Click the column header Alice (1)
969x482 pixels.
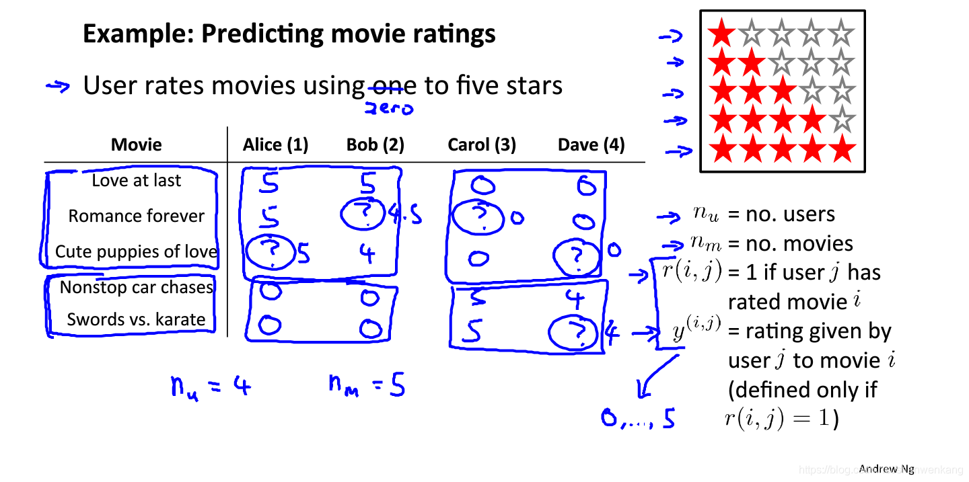[x=275, y=145]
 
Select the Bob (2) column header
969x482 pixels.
[x=375, y=145]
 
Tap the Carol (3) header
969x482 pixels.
[x=482, y=145]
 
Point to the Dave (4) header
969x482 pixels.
[x=591, y=145]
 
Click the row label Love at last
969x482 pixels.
[x=137, y=180]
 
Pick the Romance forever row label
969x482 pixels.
[x=137, y=216]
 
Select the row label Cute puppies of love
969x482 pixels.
[x=137, y=251]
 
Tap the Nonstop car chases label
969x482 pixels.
[x=137, y=287]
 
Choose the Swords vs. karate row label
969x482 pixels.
[x=137, y=319]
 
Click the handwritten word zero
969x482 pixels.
[x=389, y=108]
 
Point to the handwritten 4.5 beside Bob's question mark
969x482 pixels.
[x=405, y=215]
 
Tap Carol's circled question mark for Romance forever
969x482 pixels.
[x=477, y=217]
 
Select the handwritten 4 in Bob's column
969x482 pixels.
[x=367, y=254]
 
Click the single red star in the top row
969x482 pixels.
[x=722, y=33]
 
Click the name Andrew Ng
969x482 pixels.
[x=886, y=469]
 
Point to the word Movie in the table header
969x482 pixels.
[x=137, y=145]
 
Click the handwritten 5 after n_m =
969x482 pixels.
[x=397, y=386]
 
